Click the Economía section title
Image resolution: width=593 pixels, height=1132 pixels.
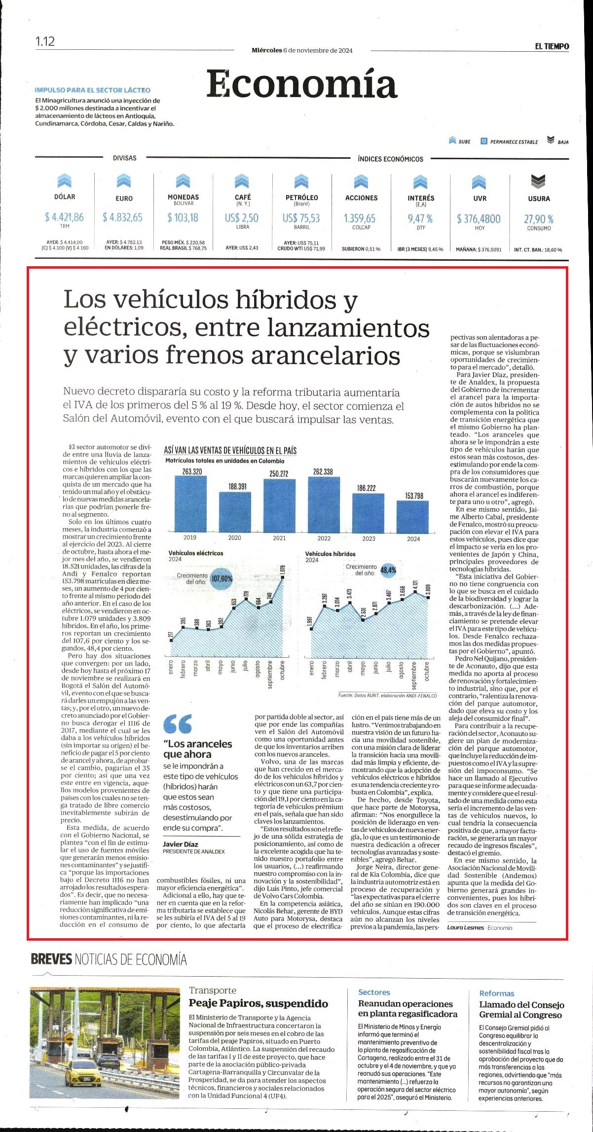301,84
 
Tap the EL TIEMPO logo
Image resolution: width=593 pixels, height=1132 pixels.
552,46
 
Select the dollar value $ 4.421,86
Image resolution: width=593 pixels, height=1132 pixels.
64,217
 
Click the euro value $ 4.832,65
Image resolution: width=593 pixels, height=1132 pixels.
123,217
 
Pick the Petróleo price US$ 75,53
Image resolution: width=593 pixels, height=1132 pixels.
301,218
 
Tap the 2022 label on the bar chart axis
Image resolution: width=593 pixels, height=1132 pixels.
324,538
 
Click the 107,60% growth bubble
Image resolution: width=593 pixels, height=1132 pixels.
222,579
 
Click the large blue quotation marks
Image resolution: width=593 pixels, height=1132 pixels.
178,723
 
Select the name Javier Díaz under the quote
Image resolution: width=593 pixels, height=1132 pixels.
181,844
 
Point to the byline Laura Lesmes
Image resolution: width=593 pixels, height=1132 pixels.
466,927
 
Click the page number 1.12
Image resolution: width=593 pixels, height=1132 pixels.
45,41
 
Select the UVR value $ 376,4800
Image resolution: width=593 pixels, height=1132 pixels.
479,218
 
